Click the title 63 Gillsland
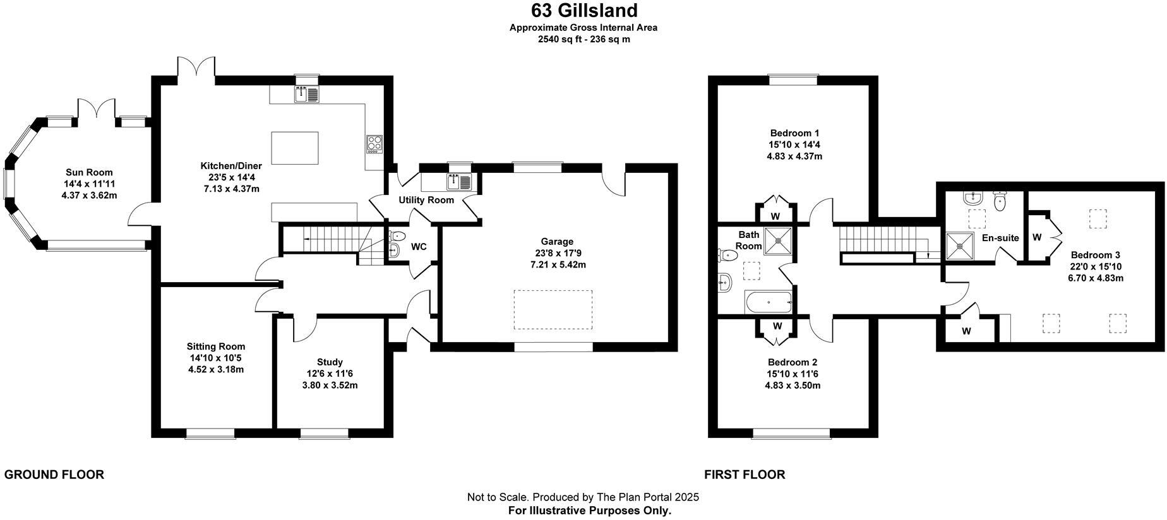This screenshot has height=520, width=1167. pyautogui.click(x=583, y=11)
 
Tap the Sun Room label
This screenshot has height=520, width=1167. pyautogui.click(x=89, y=172)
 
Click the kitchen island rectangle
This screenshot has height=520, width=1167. pyautogui.click(x=294, y=148)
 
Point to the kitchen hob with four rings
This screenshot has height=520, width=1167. pyautogui.click(x=374, y=144)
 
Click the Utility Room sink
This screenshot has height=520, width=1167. pyautogui.click(x=459, y=182)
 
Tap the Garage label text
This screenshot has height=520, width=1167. pyautogui.click(x=557, y=241)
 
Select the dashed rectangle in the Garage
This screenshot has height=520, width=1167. pyautogui.click(x=553, y=309)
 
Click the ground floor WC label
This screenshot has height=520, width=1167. pyautogui.click(x=419, y=247)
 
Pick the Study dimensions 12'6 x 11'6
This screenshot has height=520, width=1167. pyautogui.click(x=330, y=374)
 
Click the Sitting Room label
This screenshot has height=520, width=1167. pyautogui.click(x=216, y=346)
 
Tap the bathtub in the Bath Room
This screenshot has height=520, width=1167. pyautogui.click(x=769, y=302)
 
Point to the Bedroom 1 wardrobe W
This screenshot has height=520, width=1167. pyautogui.click(x=775, y=215)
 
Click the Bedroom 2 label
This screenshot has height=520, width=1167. pyautogui.click(x=793, y=362)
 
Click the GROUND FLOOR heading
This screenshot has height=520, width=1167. pyautogui.click(x=54, y=475)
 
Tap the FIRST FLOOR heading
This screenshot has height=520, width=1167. pyautogui.click(x=745, y=475)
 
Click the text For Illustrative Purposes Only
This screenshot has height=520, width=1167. pyautogui.click(x=590, y=511)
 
